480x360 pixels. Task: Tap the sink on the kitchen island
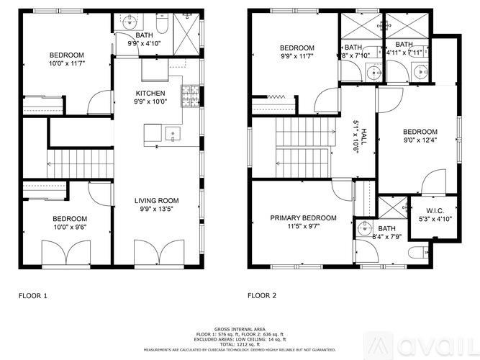(172, 133)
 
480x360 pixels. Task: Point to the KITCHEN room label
(150, 94)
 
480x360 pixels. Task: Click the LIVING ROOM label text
(156, 200)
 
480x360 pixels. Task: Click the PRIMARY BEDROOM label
(303, 218)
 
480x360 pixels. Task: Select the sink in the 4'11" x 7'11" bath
(418, 71)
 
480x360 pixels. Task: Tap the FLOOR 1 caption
(32, 296)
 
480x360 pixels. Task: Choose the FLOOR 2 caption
(263, 296)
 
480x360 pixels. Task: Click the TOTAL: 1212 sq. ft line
(240, 344)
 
